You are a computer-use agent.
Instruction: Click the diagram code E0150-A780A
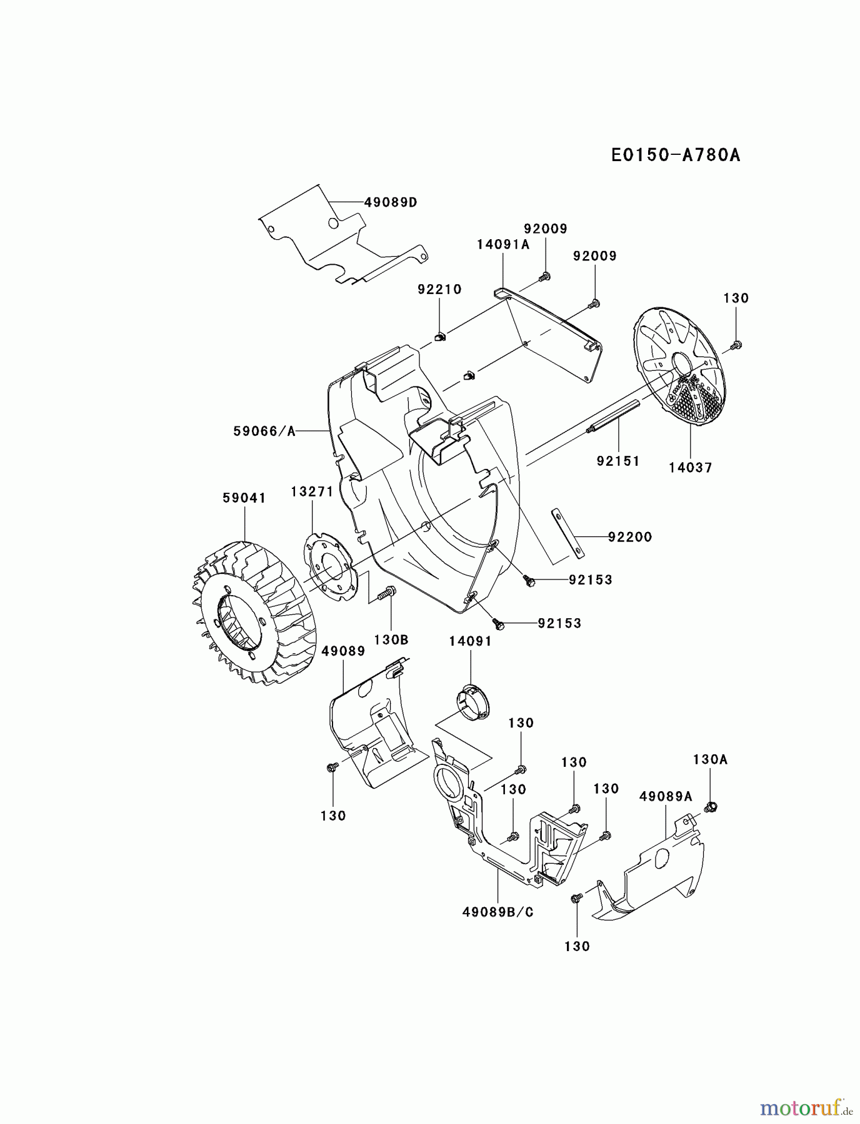point(676,155)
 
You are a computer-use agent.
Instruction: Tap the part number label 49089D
point(391,202)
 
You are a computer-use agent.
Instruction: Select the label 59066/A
point(264,431)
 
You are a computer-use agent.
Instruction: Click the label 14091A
point(502,245)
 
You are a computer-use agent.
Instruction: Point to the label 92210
point(439,289)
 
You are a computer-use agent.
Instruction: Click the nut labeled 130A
point(710,806)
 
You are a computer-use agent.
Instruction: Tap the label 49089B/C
point(498,912)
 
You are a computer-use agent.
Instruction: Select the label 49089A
point(666,796)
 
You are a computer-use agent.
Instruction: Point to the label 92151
point(617,461)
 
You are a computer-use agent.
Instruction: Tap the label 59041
point(244,498)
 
